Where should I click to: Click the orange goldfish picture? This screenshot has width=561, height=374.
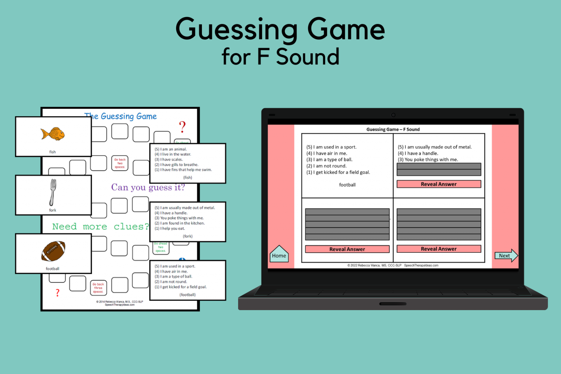point(53,134)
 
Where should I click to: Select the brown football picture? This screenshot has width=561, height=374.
point(53,251)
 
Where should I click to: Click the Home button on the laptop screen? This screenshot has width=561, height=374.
point(279,255)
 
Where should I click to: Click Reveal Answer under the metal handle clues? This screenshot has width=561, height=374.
point(439,184)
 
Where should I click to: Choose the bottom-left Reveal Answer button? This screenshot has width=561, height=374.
point(347,249)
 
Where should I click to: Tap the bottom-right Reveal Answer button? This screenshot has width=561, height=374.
point(439,249)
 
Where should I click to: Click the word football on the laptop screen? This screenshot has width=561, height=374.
point(347,185)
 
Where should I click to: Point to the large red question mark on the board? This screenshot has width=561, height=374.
point(182,127)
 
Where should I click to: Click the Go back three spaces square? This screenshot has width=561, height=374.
point(98,288)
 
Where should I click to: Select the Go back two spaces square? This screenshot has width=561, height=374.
point(120,163)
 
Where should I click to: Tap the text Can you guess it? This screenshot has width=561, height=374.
point(148,187)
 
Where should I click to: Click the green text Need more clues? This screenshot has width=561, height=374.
point(100,226)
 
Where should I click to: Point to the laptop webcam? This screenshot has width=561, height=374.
point(393,115)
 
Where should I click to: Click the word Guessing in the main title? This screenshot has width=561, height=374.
point(237,30)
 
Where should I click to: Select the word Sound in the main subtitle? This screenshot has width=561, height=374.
point(308,57)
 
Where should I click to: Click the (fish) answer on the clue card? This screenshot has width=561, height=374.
point(188,178)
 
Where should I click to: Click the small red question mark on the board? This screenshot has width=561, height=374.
point(57,293)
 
